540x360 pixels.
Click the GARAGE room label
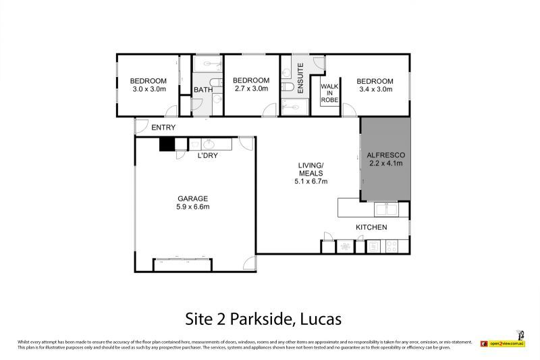193,198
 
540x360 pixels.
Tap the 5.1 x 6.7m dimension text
312,181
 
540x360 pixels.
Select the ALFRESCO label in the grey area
385,154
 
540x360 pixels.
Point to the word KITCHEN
372,227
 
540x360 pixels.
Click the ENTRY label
163,128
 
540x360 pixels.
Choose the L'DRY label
207,156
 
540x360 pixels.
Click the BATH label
203,90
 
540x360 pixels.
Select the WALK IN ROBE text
329,93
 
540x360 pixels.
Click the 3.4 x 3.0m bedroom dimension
375,88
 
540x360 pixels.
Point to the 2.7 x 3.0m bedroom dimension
251,88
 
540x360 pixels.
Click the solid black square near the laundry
167,144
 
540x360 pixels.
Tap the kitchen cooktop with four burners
392,247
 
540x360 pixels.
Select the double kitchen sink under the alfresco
387,208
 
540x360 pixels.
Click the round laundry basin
207,144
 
